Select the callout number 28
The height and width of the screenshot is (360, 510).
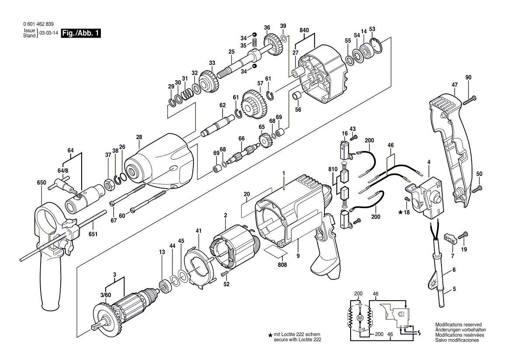pyautogui.click(x=139, y=137)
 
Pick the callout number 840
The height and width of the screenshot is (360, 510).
pyautogui.click(x=304, y=30)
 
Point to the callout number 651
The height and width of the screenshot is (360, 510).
pyautogui.click(x=93, y=234)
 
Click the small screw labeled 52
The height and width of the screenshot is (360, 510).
pyautogui.click(x=225, y=274)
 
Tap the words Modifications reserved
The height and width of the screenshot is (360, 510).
pyautogui.click(x=458, y=325)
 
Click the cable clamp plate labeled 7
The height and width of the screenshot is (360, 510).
pyautogui.click(x=450, y=238)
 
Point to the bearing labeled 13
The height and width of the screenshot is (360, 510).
pyautogui.click(x=165, y=287)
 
